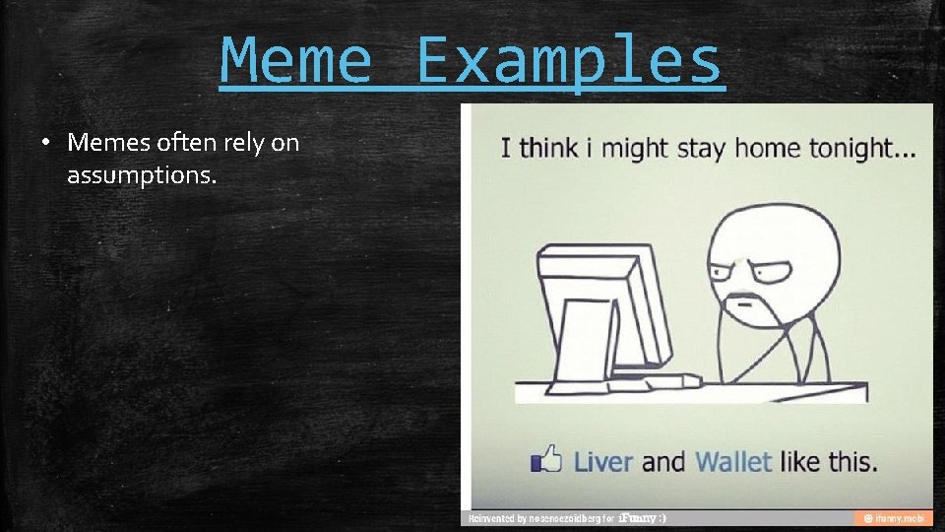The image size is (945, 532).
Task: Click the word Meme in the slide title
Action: tap(296, 60)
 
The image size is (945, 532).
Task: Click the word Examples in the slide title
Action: tap(569, 60)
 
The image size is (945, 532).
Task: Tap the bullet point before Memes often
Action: tap(46, 143)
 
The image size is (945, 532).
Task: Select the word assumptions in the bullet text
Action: tap(141, 176)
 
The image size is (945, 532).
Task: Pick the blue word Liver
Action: tap(602, 460)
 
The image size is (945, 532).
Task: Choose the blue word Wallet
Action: tap(733, 460)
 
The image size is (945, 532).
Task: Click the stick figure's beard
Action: tap(745, 311)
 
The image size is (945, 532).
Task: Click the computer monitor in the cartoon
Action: tap(610, 305)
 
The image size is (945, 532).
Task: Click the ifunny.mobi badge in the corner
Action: tap(892, 518)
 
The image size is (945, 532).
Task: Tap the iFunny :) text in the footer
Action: tap(641, 518)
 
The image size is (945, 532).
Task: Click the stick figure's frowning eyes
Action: tap(752, 269)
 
